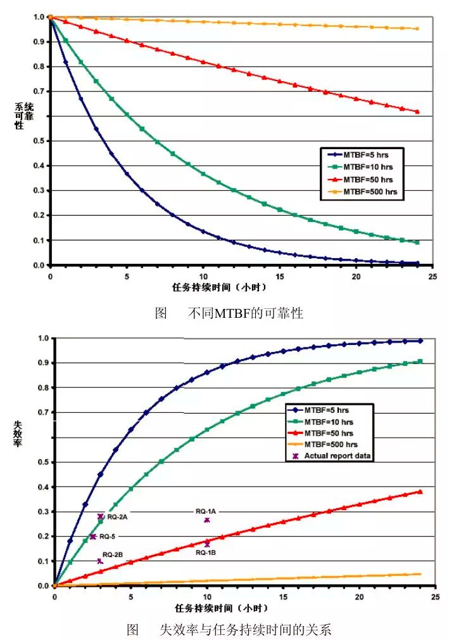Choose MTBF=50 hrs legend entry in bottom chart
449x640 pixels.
click(x=329, y=433)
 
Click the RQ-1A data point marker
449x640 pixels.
click(x=206, y=520)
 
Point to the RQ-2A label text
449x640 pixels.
click(x=117, y=517)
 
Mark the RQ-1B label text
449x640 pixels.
click(x=206, y=552)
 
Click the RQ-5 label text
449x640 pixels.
click(x=115, y=537)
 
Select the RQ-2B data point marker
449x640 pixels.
click(x=100, y=561)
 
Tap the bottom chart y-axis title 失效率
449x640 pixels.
click(x=19, y=433)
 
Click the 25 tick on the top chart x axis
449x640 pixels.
click(x=432, y=276)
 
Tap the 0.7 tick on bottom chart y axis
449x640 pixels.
click(x=42, y=412)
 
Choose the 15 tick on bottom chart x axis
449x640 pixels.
click(x=283, y=597)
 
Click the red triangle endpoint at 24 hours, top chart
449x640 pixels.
click(x=417, y=112)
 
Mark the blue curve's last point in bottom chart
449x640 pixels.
click(x=420, y=341)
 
